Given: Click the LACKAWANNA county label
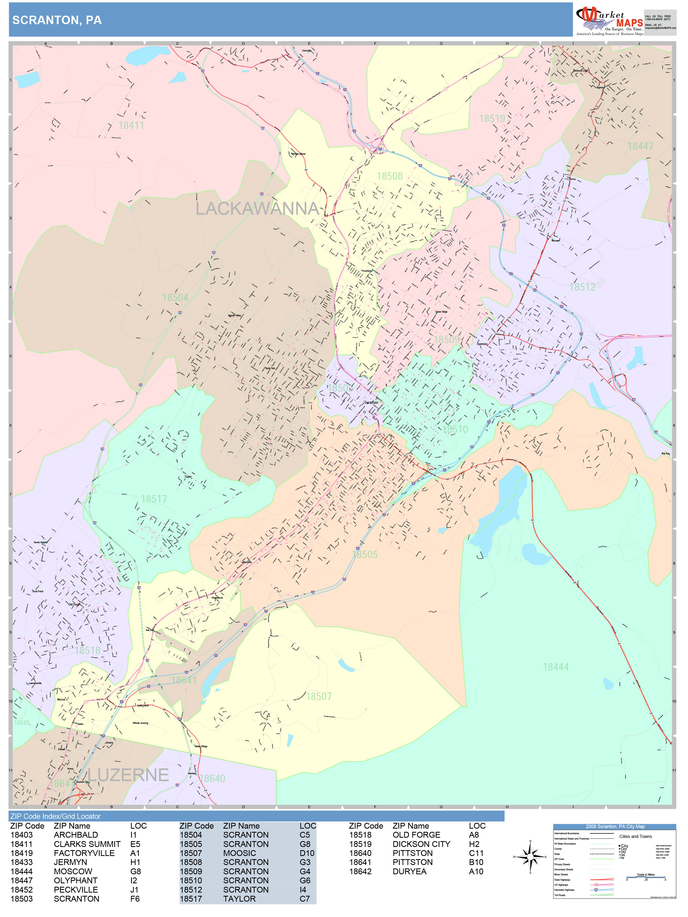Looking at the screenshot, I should tap(257, 209).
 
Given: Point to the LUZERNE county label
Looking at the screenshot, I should tap(128, 775).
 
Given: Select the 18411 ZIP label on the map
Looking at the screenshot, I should tap(131, 125).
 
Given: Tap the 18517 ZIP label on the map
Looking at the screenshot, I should tap(154, 499).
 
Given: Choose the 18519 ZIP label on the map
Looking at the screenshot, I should tap(492, 119).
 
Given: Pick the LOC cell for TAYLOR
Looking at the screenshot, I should tap(304, 899).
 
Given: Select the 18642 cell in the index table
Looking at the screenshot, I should tap(360, 871).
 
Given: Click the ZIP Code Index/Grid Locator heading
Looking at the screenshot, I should tap(55, 816).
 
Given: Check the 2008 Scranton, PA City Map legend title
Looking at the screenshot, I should tap(614, 826).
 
